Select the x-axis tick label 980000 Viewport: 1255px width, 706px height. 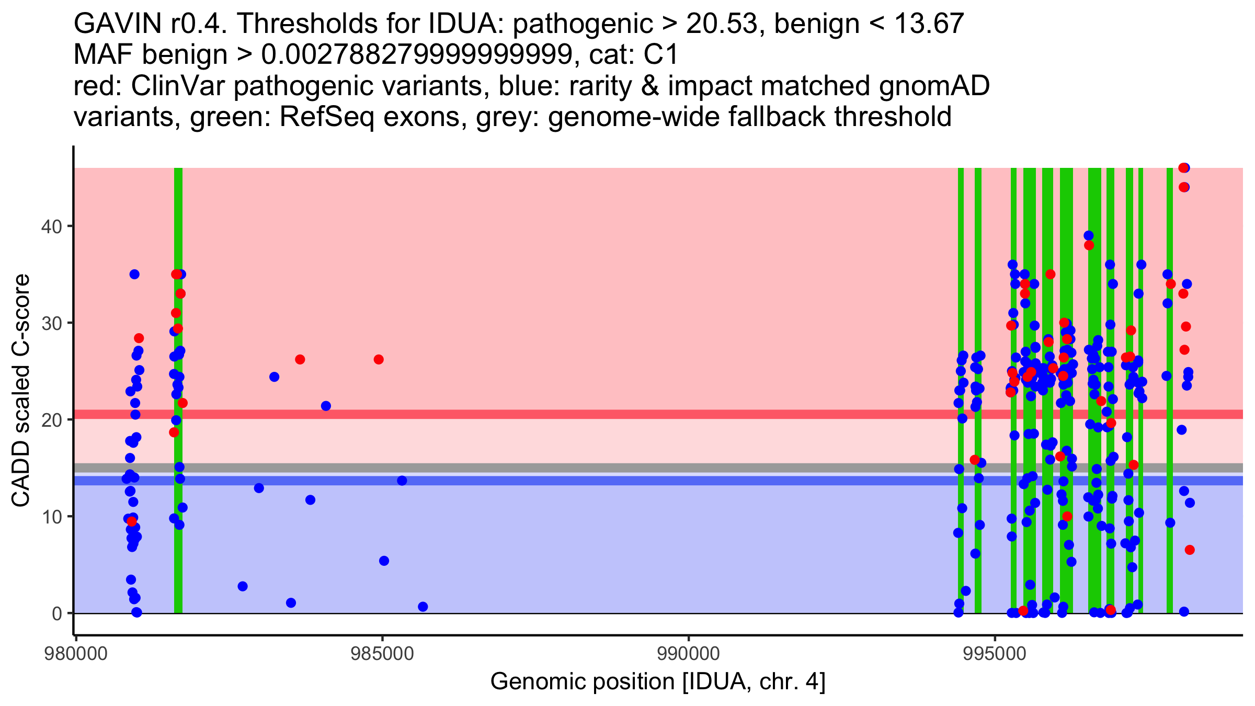(x=76, y=654)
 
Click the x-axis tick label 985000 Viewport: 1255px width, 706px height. (x=382, y=654)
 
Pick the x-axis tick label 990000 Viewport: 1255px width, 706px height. (x=688, y=654)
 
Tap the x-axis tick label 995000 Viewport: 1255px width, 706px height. (x=995, y=654)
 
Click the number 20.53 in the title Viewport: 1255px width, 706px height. (x=722, y=24)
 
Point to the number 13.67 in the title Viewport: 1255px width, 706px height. (x=929, y=24)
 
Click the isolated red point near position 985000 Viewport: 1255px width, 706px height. (x=379, y=359)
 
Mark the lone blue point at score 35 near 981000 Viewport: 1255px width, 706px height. (x=134, y=274)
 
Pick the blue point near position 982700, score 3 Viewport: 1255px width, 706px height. (x=243, y=586)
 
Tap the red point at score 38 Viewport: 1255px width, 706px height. (x=1089, y=245)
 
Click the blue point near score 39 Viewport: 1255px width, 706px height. (x=1089, y=235)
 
